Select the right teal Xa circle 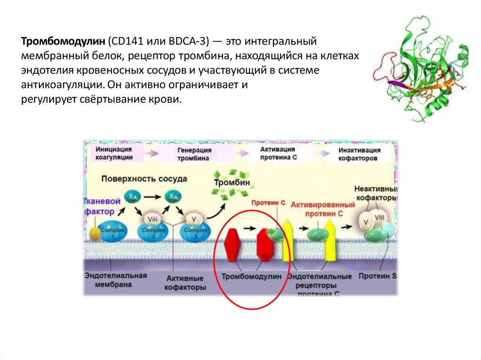coord(173,196)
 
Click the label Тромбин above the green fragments coord(232,182)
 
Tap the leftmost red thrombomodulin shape coord(233,244)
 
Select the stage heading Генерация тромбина coord(194,154)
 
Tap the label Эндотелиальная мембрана coord(116,280)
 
